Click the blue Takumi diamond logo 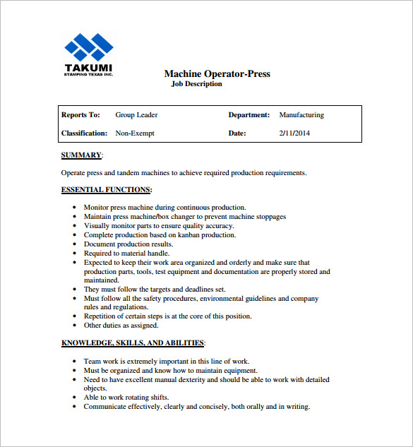point(89,47)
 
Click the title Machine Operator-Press point(217,73)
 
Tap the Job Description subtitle point(196,84)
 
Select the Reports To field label point(80,115)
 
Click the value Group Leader point(136,115)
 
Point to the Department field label point(249,115)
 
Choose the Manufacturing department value point(301,115)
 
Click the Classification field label point(84,133)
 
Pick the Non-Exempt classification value point(134,133)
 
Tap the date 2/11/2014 point(294,133)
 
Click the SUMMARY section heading point(82,155)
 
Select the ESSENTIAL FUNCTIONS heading point(106,190)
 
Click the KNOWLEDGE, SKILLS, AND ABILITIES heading point(133,343)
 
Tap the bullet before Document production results point(76,244)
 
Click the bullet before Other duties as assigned point(76,326)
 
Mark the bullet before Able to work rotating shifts point(76,398)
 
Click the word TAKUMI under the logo point(88,68)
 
